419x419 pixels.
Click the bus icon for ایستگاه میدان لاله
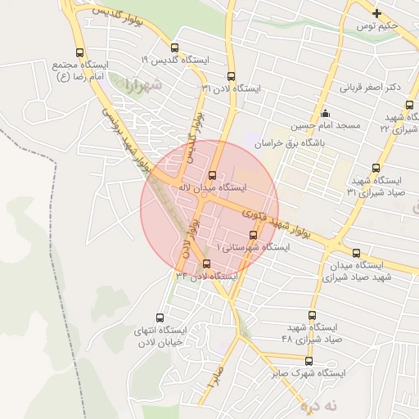(213, 174)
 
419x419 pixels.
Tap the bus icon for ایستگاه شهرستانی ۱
(251, 235)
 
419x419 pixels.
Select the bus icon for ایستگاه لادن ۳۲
(205, 264)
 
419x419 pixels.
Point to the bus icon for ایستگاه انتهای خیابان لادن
(160, 318)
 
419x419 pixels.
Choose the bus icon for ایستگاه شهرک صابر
(309, 361)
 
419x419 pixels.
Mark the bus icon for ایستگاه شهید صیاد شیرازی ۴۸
(312, 314)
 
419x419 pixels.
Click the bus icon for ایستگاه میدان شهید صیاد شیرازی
(357, 253)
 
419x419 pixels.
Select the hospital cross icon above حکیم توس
(376, 13)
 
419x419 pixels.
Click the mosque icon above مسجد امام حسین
(326, 113)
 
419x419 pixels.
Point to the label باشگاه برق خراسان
(290, 142)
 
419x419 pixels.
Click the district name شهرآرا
(146, 85)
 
